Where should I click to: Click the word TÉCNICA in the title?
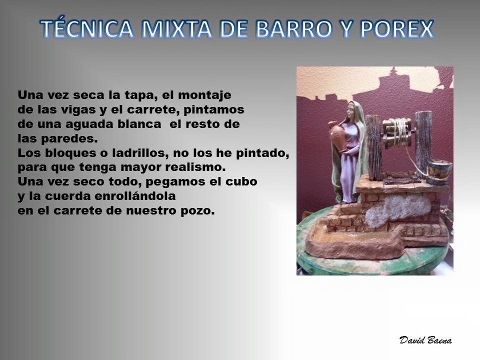click(x=87, y=28)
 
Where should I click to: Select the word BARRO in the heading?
click(x=294, y=29)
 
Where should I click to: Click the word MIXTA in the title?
click(x=176, y=29)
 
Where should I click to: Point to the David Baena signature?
click(x=425, y=340)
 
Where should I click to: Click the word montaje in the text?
click(x=204, y=95)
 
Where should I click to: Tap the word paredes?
click(x=69, y=138)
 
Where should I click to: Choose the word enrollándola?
click(x=135, y=196)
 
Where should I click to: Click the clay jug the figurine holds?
click(x=336, y=136)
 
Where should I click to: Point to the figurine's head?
click(x=351, y=111)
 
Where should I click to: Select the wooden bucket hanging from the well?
click(x=438, y=172)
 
